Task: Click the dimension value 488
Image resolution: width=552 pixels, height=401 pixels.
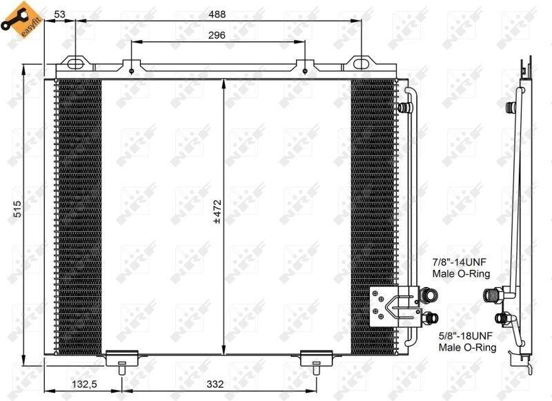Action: (x=217, y=14)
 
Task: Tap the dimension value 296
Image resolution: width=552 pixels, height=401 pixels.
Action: (x=217, y=35)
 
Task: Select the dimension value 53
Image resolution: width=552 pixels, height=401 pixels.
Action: (x=60, y=14)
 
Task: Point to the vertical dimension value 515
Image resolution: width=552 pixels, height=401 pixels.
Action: (x=18, y=208)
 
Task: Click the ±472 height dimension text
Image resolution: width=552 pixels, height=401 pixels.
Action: (x=217, y=212)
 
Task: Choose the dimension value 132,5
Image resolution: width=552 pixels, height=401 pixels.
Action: (x=84, y=384)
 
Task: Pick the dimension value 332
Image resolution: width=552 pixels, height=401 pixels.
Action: (x=215, y=384)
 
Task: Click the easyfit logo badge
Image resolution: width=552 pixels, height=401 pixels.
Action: (x=21, y=21)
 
